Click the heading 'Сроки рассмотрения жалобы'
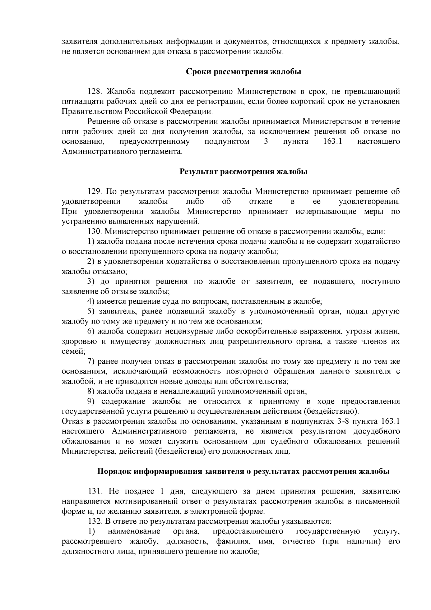point(243,72)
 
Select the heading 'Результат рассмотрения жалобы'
point(243,171)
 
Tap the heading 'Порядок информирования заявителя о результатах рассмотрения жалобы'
point(243,471)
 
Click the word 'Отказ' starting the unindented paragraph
point(72,421)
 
